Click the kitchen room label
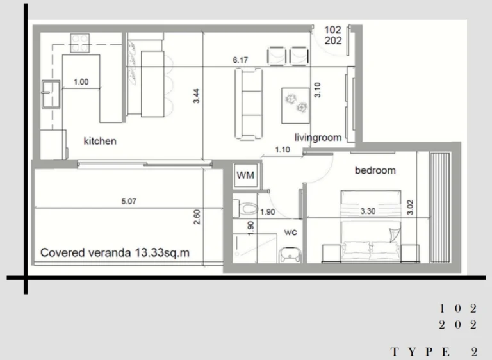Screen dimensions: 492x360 100,141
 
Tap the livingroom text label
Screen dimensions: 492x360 318,138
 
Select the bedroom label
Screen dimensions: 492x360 375,170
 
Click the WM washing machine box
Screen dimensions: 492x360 246,176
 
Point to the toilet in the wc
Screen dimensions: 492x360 245,209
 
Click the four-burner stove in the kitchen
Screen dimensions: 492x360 79,43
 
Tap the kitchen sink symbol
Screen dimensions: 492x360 51,94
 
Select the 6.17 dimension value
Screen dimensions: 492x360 240,60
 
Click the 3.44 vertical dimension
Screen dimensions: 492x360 196,96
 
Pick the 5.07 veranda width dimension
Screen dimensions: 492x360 129,201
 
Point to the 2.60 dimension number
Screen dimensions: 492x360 197,217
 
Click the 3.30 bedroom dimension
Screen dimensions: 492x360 368,211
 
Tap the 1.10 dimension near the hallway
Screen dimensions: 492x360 283,150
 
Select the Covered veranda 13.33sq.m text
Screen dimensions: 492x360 115,252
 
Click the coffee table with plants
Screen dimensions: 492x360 295,106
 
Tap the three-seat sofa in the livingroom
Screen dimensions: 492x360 249,104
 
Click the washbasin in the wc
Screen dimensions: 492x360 290,254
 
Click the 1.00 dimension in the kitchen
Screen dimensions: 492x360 81,82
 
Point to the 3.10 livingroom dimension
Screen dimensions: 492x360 318,90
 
